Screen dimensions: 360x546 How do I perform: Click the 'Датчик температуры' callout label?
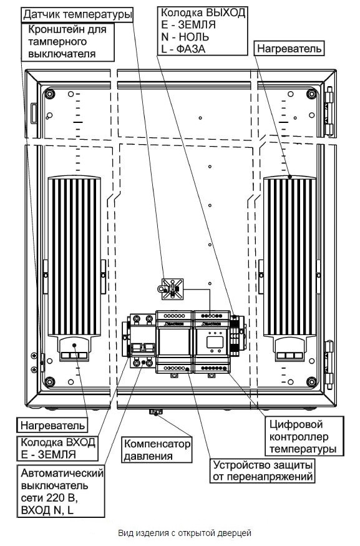(77, 15)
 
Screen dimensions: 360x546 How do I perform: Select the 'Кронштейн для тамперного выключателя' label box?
(68, 42)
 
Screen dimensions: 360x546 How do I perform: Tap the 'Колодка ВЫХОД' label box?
(203, 31)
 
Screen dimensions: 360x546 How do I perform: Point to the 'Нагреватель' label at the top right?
(289, 49)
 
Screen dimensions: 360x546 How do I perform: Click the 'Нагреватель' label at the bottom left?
(52, 425)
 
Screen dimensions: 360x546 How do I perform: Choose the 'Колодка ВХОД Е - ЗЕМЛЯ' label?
(58, 448)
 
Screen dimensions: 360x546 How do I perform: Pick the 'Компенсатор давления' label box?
(157, 449)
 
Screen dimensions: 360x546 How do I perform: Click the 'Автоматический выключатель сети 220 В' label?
(61, 492)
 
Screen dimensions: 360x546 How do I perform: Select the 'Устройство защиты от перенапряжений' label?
(263, 470)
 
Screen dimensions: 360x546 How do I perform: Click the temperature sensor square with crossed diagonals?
(173, 289)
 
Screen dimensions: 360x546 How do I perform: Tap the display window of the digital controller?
(213, 342)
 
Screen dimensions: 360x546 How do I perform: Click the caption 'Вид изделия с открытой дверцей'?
(185, 533)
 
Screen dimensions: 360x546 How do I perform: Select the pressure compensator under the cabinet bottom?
(155, 412)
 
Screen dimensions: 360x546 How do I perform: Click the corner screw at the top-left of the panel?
(49, 94)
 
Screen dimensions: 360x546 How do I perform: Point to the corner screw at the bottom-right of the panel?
(311, 382)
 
